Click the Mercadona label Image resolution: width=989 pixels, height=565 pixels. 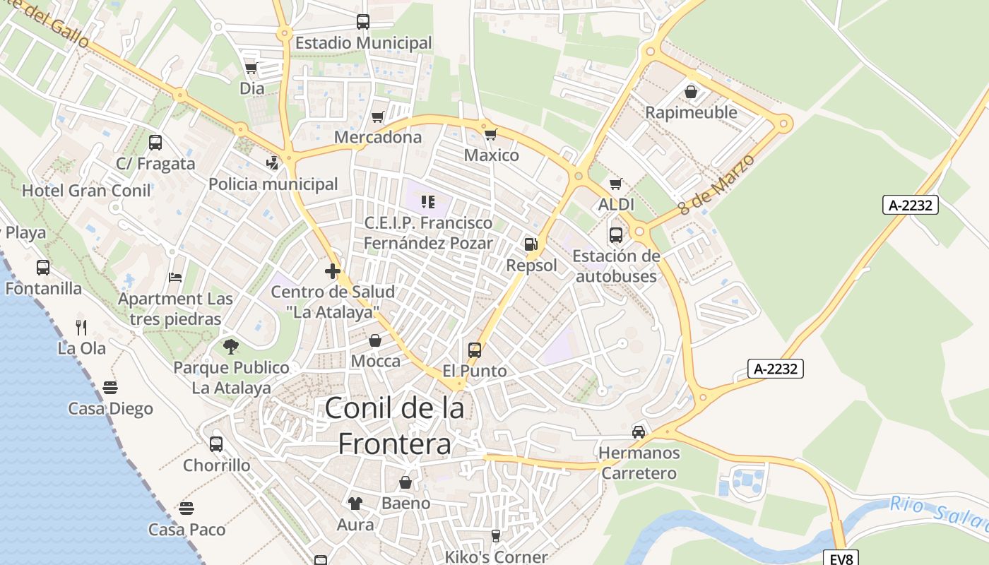[x=378, y=137]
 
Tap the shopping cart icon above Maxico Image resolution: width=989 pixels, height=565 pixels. [x=490, y=133]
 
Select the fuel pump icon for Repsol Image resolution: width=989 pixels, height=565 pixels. [x=531, y=244]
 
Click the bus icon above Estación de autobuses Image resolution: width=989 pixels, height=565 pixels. [x=616, y=234]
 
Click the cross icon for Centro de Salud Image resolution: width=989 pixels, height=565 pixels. [x=333, y=270]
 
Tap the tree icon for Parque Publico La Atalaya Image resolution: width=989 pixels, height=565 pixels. [x=230, y=346]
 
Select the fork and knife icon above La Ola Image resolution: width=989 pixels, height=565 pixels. [x=81, y=327]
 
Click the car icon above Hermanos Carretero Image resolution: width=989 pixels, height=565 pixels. [x=639, y=432]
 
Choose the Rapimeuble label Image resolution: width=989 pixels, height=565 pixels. [x=691, y=112]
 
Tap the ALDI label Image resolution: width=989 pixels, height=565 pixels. [x=616, y=205]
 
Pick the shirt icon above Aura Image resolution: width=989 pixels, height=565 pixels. [x=355, y=504]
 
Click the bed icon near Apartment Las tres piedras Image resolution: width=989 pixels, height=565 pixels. [x=175, y=278]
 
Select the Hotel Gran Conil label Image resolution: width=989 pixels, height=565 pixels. [x=86, y=190]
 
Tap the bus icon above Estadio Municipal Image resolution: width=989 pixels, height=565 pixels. [x=363, y=22]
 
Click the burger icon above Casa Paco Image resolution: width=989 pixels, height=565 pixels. [x=186, y=508]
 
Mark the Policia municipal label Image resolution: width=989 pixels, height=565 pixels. [x=273, y=184]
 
